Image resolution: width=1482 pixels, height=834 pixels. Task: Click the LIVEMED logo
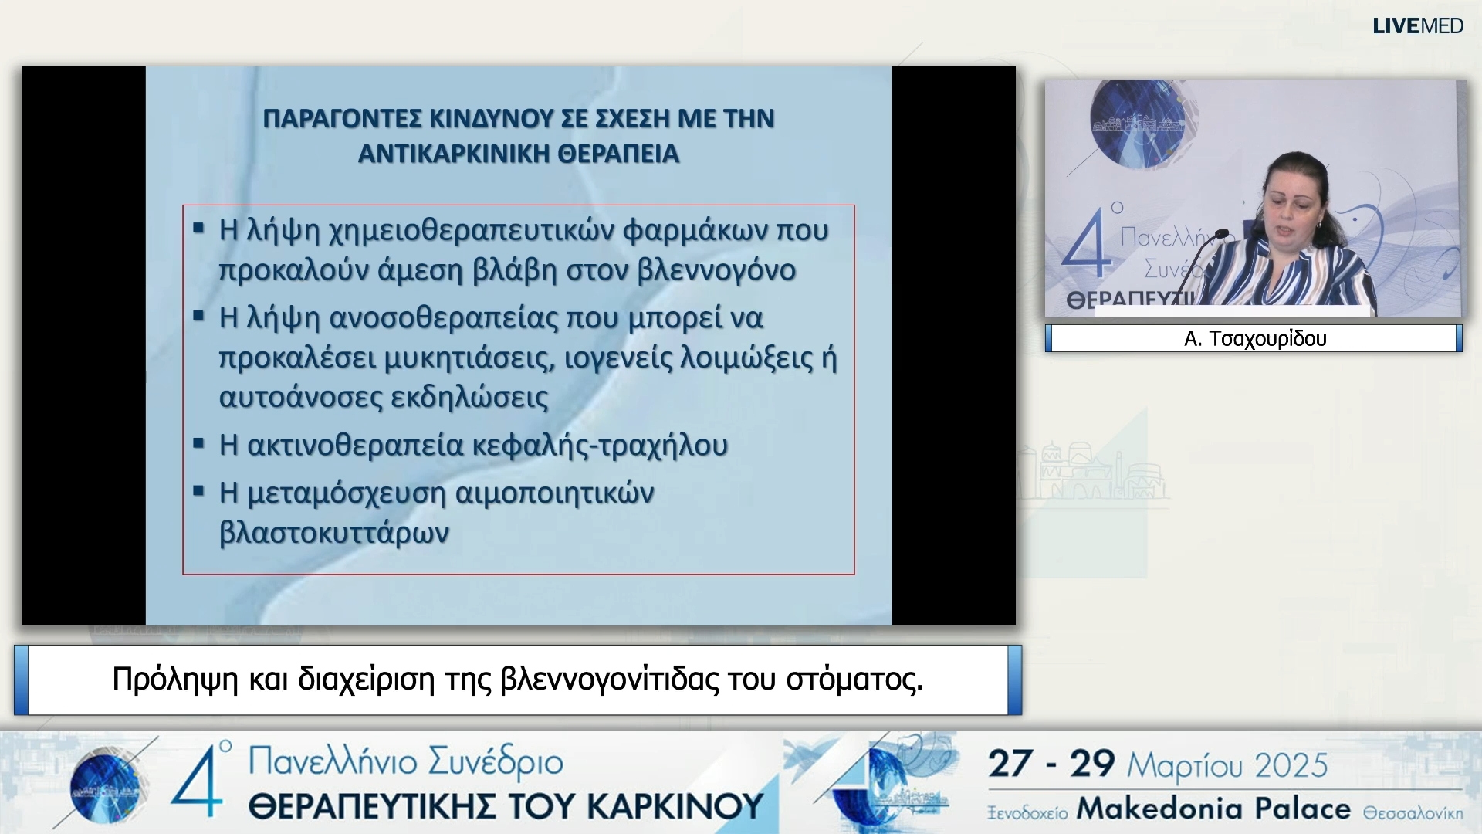tap(1417, 26)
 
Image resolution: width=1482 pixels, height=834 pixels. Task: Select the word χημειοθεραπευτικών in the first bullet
tap(472, 231)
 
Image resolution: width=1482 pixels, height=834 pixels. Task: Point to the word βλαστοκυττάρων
tap(334, 533)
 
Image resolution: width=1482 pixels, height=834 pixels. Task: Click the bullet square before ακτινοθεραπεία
tap(199, 443)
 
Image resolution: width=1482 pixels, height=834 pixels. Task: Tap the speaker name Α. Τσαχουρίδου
tap(1255, 339)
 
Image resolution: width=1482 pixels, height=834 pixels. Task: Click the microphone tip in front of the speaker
tap(1222, 232)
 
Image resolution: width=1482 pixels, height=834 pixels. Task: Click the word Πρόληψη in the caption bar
tap(175, 680)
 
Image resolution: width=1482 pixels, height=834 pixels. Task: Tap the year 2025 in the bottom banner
tap(1291, 765)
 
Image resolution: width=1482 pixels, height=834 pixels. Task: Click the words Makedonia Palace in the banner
tap(1213, 809)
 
